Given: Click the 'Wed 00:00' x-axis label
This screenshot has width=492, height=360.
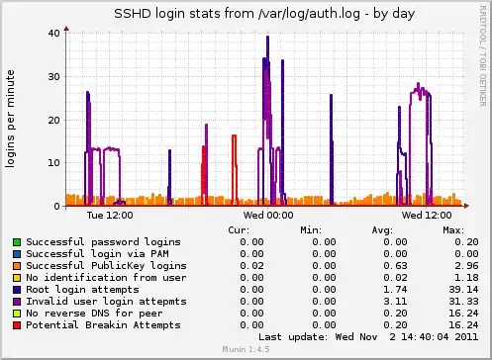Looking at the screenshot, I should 268,214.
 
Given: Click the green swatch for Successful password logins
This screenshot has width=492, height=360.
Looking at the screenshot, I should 16,241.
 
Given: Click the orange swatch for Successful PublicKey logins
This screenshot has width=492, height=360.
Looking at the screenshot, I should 16,265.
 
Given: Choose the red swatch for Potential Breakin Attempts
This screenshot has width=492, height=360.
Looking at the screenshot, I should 16,324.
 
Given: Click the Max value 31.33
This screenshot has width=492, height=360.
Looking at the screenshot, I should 440,301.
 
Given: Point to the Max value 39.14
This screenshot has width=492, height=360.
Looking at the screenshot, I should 440,289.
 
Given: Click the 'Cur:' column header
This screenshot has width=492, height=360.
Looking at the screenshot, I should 238,229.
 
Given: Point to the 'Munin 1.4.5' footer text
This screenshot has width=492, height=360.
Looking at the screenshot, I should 246,352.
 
